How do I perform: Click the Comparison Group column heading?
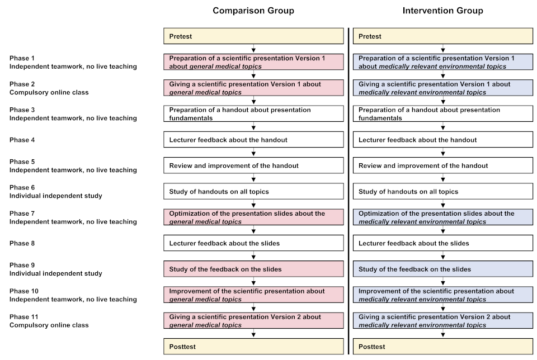pos(253,11)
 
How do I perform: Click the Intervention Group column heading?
pos(442,11)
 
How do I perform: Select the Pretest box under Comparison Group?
pos(253,36)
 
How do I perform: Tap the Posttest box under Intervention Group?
pos(442,347)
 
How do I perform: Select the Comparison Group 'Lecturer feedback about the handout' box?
pos(253,140)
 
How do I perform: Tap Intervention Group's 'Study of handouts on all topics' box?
pos(442,192)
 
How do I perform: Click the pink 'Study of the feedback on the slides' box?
pos(253,269)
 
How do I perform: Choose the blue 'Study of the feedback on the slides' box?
pos(442,269)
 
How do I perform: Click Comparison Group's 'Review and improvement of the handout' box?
pos(253,165)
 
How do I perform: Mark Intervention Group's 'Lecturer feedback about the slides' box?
pos(442,243)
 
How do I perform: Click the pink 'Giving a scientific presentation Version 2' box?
pos(253,321)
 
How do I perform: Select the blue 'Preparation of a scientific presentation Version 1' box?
pos(442,62)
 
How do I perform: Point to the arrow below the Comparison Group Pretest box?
pos(254,49)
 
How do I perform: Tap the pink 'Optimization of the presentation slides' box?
pos(253,217)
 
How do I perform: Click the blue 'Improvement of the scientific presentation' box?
pos(442,295)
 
